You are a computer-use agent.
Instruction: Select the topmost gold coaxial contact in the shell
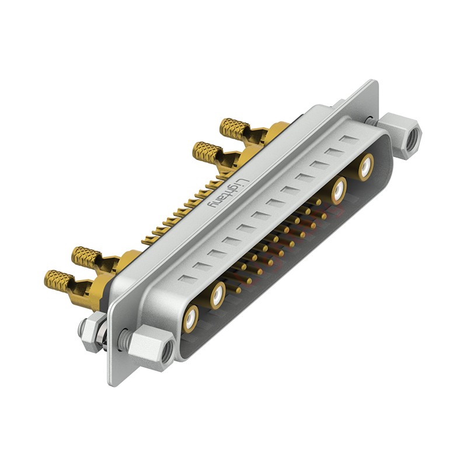click(x=366, y=168)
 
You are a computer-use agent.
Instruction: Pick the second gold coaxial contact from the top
click(x=339, y=191)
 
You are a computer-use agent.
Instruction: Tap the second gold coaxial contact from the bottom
click(x=218, y=296)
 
